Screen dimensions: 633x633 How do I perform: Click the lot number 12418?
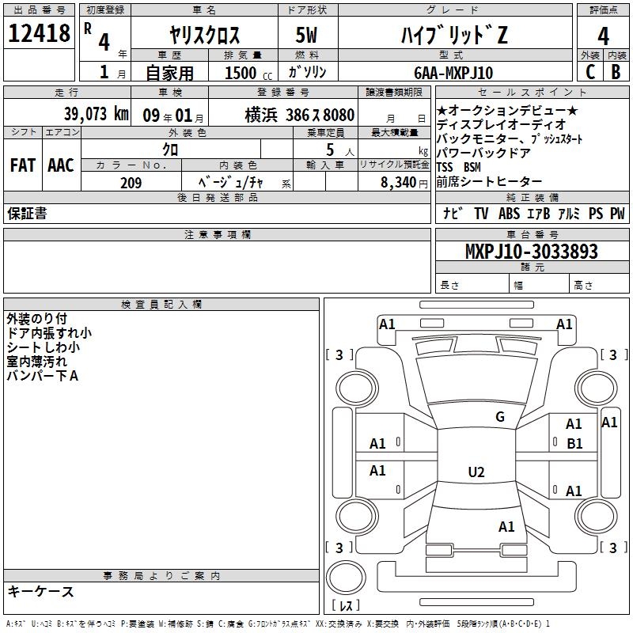pos(40,34)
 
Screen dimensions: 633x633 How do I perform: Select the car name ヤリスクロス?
pos(205,36)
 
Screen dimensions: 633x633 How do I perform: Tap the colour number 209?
pos(131,183)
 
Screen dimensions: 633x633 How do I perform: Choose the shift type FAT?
pos(23,165)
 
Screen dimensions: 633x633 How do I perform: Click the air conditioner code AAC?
pos(61,165)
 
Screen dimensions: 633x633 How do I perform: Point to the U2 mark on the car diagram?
pos(476,472)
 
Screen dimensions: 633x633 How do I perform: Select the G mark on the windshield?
pos(499,417)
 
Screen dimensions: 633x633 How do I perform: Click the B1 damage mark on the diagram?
pos(574,444)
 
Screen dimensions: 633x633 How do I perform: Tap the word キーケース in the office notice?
pos(40,591)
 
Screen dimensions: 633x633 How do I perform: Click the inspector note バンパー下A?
pos(43,376)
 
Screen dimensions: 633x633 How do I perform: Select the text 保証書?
pos(27,214)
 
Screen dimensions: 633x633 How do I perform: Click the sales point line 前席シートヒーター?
pos(489,182)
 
